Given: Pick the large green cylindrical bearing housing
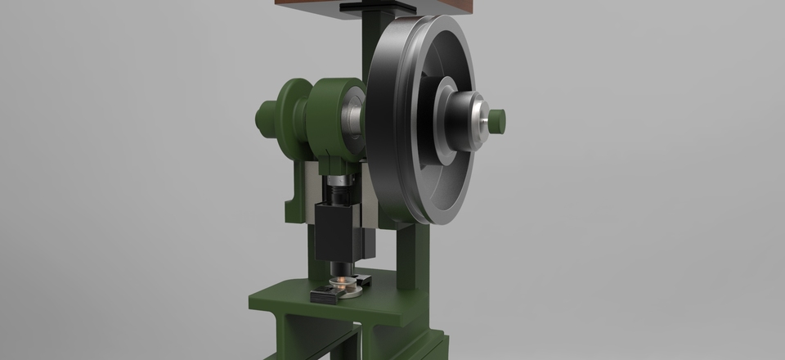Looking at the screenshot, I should (x=331, y=119).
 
